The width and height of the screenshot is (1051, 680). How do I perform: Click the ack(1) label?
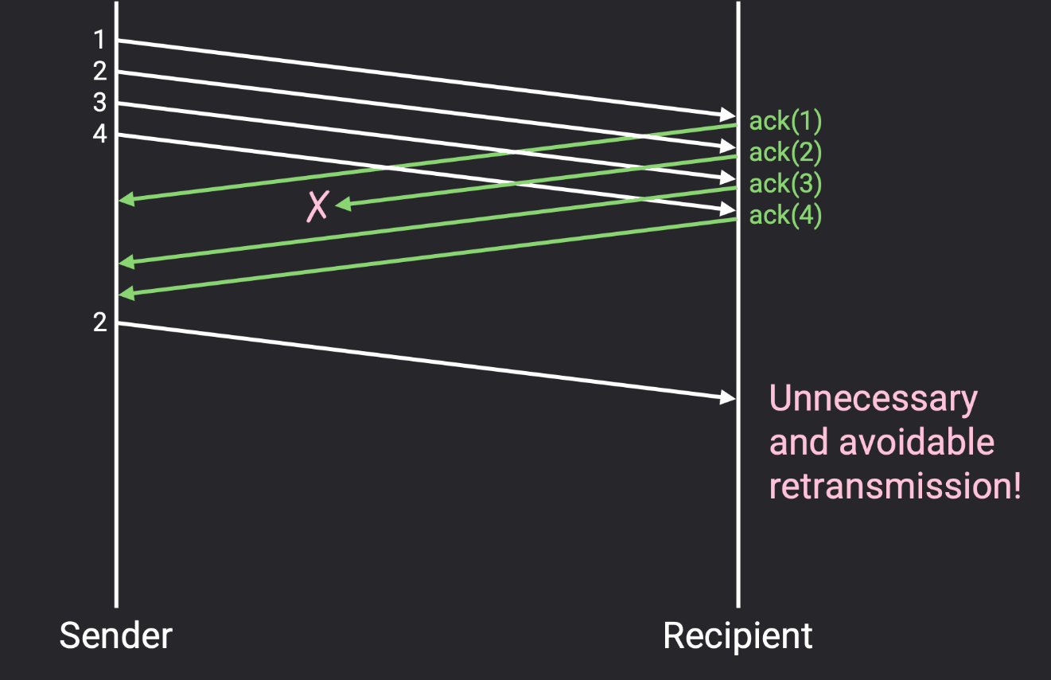[x=784, y=121]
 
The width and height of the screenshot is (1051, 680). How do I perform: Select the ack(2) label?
[x=784, y=152]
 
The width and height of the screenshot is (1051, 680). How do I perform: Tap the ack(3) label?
[x=784, y=184]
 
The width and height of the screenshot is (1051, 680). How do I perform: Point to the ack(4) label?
[x=784, y=215]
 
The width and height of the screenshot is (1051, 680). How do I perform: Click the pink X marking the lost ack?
[x=317, y=206]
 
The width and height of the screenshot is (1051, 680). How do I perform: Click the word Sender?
[x=115, y=635]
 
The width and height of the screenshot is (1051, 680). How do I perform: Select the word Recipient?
[x=738, y=635]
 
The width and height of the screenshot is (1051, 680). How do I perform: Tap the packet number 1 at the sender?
[x=99, y=40]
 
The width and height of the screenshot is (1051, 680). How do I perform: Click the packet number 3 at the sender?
[x=99, y=103]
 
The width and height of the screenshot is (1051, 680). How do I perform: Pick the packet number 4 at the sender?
[x=99, y=134]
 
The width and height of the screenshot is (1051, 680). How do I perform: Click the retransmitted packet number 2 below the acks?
[x=99, y=322]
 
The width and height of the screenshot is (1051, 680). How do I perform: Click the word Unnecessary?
[x=873, y=398]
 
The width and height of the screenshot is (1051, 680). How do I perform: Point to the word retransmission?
[x=894, y=486]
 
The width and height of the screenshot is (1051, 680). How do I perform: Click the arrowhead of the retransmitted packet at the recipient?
[x=728, y=397]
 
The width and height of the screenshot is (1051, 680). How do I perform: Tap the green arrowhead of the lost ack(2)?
[x=343, y=205]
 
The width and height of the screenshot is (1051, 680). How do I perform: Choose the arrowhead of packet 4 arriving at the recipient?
[x=728, y=209]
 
